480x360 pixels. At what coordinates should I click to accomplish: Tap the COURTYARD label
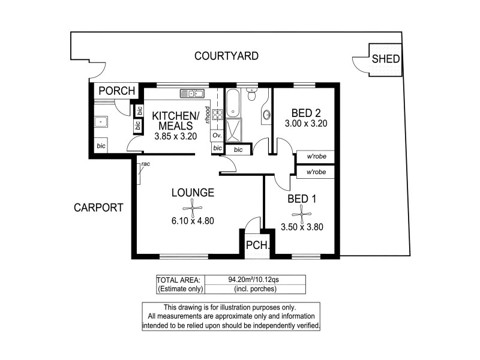click(226, 56)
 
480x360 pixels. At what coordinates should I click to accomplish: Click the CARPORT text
click(98, 208)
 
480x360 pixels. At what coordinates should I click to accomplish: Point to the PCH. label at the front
click(257, 245)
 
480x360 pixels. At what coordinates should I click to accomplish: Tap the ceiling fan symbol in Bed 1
click(301, 212)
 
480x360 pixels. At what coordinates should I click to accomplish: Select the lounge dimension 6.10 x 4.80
click(193, 221)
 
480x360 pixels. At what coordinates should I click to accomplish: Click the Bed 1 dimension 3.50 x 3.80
click(302, 227)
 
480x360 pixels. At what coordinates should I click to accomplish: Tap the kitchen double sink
click(192, 93)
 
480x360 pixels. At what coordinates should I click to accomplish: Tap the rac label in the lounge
click(145, 164)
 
